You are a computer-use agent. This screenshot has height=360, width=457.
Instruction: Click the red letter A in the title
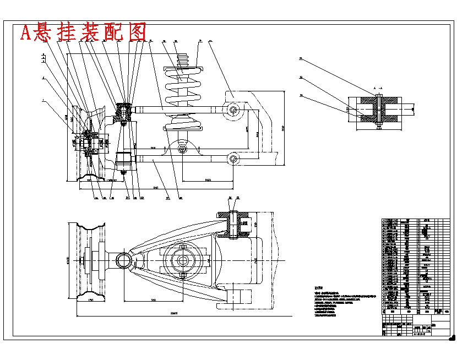(26, 34)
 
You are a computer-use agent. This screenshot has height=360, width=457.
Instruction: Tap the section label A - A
(378, 88)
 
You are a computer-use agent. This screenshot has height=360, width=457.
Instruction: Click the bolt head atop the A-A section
(379, 95)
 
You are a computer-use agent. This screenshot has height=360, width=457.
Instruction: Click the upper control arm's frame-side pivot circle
(234, 110)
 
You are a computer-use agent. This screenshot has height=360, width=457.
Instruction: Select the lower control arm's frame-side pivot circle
(234, 160)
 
